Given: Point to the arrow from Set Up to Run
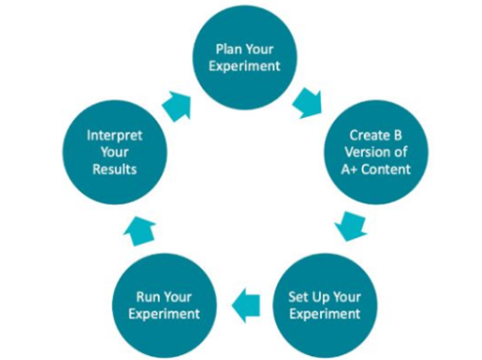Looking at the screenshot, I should pos(244,306).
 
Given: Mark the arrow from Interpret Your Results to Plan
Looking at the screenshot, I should pos(179,104).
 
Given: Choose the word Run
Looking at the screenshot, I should pos(142,295).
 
